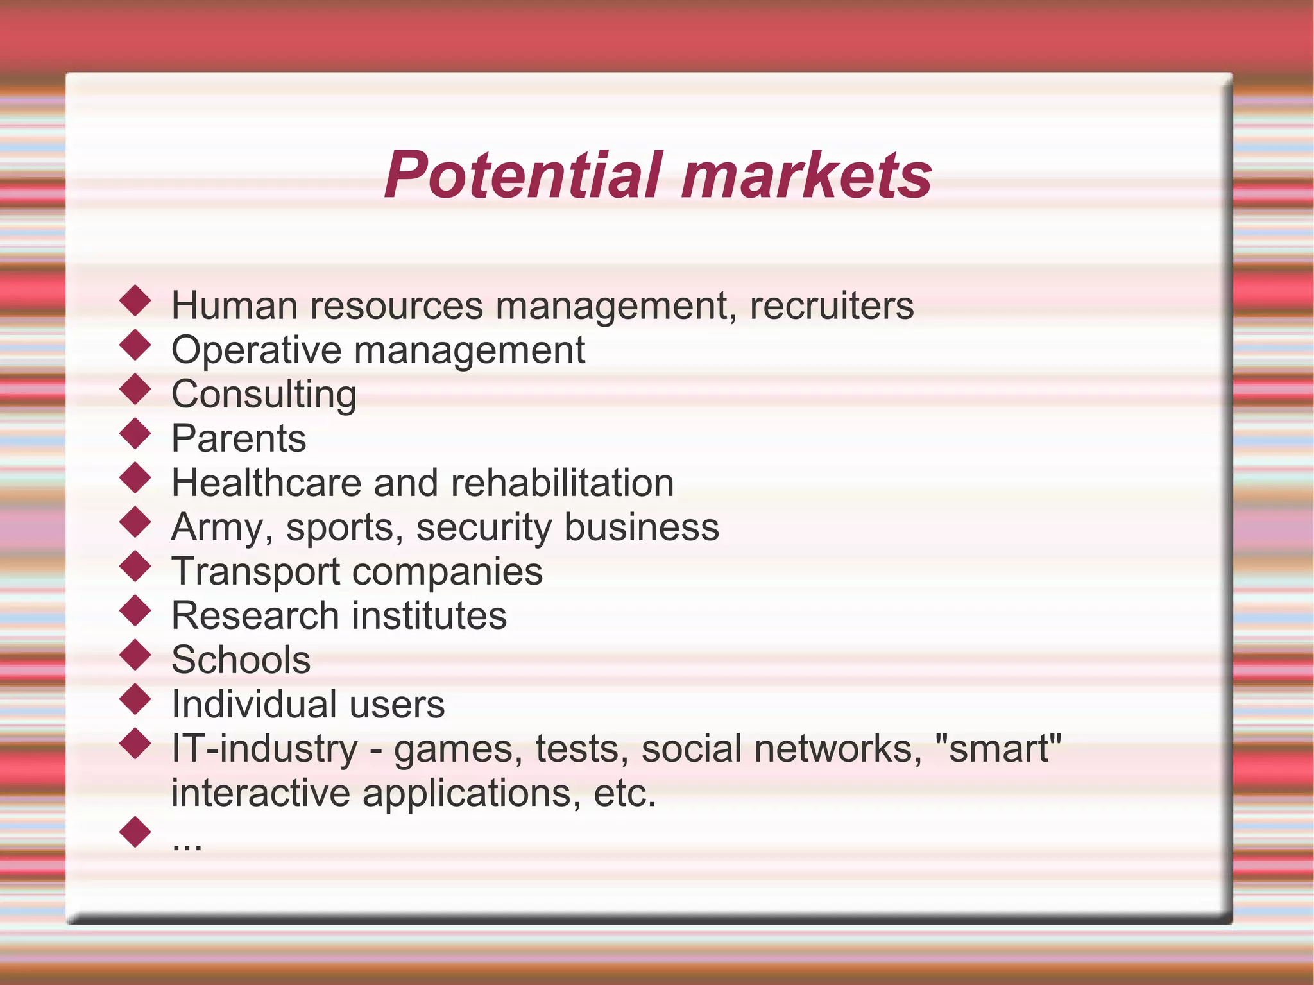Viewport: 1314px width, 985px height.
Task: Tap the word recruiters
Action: pyautogui.click(x=832, y=305)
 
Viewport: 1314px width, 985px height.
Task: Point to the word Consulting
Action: pyautogui.click(x=264, y=395)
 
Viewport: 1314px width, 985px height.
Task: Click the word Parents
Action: pyautogui.click(x=239, y=438)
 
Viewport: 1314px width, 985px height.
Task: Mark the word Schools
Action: pyautogui.click(x=241, y=660)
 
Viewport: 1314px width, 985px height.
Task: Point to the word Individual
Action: pyautogui.click(x=254, y=704)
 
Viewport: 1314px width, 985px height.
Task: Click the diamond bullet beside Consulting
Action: pyautogui.click(x=135, y=390)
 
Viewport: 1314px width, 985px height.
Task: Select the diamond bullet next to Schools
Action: pyautogui.click(x=135, y=655)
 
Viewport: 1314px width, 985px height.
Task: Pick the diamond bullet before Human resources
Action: pyautogui.click(x=135, y=301)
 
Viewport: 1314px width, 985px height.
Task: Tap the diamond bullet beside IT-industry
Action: pyautogui.click(x=135, y=744)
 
